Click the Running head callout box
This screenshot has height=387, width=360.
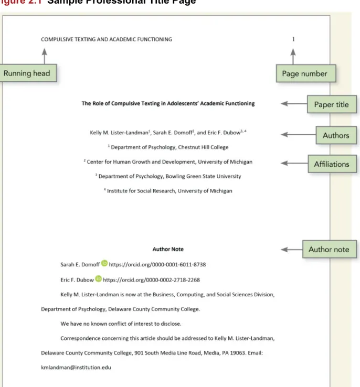click(x=28, y=73)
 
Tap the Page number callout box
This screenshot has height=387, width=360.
click(x=306, y=73)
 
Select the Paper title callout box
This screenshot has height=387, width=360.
click(x=332, y=104)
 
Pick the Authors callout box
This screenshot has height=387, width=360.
click(x=336, y=135)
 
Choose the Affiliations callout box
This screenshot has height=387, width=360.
click(x=332, y=164)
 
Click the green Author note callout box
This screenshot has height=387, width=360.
click(x=330, y=249)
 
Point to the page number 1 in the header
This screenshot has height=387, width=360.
click(x=293, y=39)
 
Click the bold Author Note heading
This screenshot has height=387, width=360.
click(x=168, y=249)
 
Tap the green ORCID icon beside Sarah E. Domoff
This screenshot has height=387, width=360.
click(x=104, y=263)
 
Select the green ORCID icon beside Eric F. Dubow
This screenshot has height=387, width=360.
click(x=99, y=278)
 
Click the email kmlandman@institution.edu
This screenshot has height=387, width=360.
click(x=76, y=368)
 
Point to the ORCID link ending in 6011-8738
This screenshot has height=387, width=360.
click(x=157, y=265)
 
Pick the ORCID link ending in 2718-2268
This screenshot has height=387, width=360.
click(x=151, y=280)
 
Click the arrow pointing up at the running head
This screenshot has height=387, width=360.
click(x=45, y=56)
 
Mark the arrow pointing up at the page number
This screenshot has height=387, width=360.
click(x=293, y=57)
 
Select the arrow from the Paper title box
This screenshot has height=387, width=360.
click(x=294, y=104)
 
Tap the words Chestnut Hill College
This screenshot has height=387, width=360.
click(x=203, y=147)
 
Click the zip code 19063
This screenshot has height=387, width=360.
click(x=238, y=353)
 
